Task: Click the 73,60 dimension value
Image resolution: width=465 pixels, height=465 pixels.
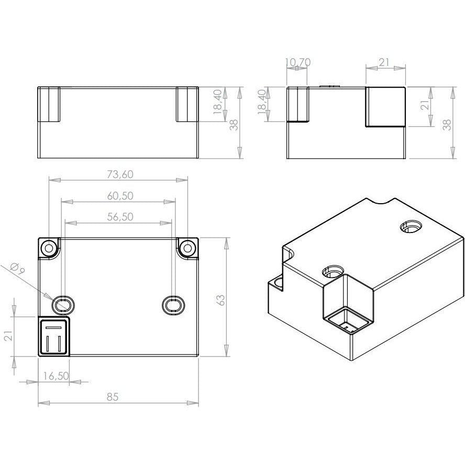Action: pyautogui.click(x=120, y=174)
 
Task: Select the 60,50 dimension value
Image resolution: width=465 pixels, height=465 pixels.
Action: pyautogui.click(x=120, y=196)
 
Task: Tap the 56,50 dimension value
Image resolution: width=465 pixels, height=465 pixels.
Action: pyautogui.click(x=120, y=217)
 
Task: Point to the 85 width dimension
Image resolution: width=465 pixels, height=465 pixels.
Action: pyautogui.click(x=113, y=396)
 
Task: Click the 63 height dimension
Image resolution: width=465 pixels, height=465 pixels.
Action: pyautogui.click(x=221, y=300)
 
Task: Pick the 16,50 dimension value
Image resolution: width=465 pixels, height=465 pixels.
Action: pyautogui.click(x=56, y=376)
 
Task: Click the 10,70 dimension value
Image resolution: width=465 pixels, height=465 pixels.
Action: pyautogui.click(x=298, y=62)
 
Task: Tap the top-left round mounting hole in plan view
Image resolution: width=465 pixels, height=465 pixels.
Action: pyautogui.click(x=49, y=247)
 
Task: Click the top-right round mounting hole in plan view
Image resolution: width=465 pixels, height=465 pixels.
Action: pyautogui.click(x=187, y=247)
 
